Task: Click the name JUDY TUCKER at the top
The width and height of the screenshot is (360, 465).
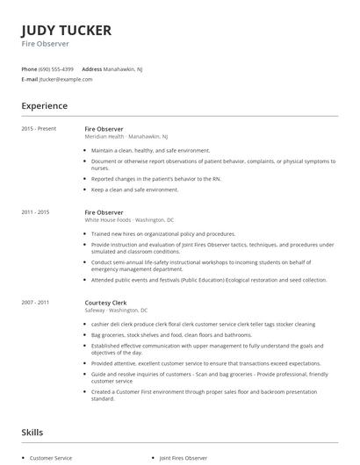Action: [x=67, y=30]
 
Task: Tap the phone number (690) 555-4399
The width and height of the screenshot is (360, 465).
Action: [x=57, y=68]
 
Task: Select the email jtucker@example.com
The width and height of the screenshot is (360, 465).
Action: [x=66, y=79]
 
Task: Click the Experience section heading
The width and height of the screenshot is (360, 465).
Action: [x=45, y=106]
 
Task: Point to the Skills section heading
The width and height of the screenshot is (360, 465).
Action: [x=32, y=433]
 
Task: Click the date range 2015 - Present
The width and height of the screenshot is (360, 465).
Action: [x=39, y=128]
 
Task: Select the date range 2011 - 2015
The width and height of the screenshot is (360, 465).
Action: [x=35, y=212]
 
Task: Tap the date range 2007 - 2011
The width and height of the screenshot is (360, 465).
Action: [x=35, y=302]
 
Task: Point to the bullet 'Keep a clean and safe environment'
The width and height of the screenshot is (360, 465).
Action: [x=134, y=190]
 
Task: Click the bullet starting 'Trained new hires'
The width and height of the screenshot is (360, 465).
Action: [x=162, y=234]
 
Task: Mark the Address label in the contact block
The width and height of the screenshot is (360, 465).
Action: [x=91, y=68]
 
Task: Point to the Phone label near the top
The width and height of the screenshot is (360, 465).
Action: [x=29, y=68]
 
